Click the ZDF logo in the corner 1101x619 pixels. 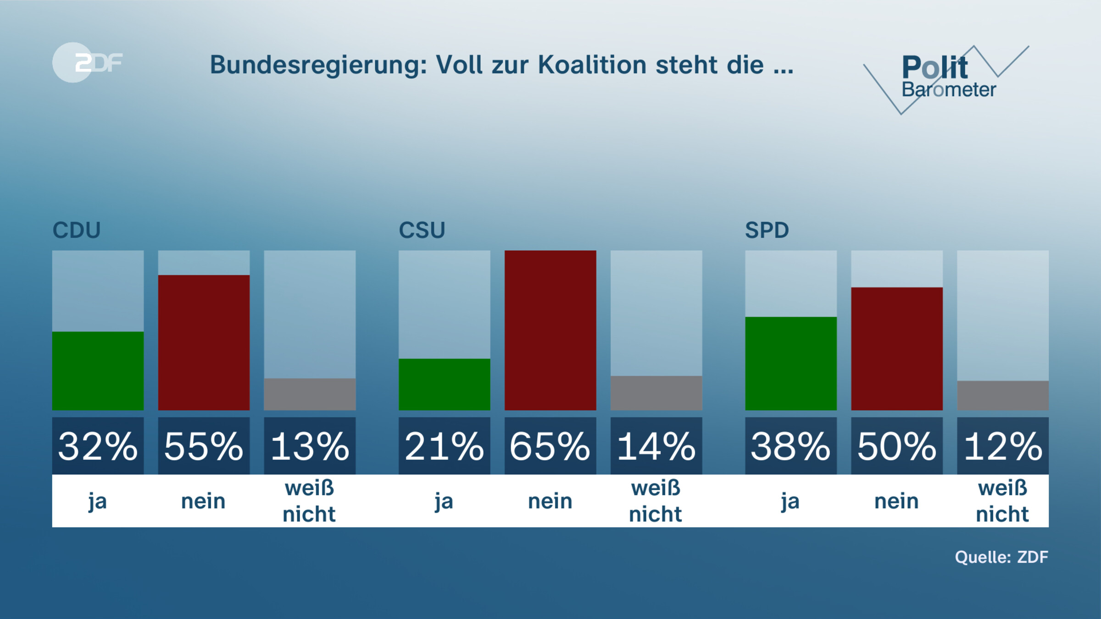(87, 62)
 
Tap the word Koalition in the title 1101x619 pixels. (592, 65)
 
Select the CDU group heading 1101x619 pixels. (77, 230)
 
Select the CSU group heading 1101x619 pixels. (422, 230)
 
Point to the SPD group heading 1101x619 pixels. (767, 230)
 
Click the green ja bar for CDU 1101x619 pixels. (98, 370)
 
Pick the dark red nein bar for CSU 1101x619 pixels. (550, 330)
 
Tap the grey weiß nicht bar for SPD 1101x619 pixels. (1002, 395)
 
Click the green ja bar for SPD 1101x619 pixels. (790, 363)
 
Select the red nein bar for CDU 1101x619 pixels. (204, 343)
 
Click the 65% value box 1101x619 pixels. (550, 446)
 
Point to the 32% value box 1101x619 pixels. (98, 446)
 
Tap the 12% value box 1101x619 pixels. (1002, 446)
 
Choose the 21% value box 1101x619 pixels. (444, 446)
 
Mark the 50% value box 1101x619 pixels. (896, 446)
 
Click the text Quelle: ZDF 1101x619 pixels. (1001, 557)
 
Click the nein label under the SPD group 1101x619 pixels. (896, 501)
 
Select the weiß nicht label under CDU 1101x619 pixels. (309, 501)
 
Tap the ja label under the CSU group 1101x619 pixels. (444, 501)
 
